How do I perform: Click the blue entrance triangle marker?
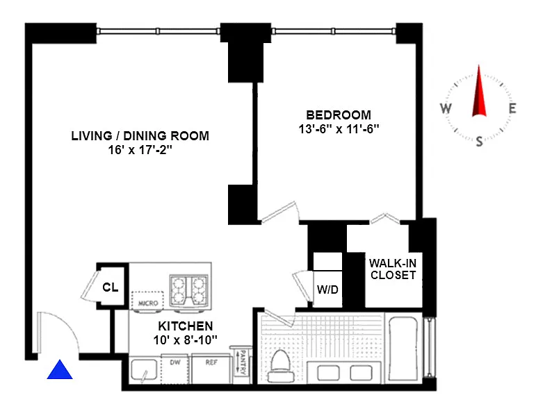coord(60,371)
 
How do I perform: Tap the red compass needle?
coord(479,91)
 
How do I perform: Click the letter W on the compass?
coord(446,108)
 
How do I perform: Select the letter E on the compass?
coord(512,108)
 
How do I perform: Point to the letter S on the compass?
coord(479,141)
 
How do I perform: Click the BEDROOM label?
coord(339,115)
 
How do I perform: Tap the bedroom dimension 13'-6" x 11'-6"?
coord(339,129)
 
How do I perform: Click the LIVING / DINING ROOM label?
coord(140,136)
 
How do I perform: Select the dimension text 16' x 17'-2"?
coord(140,149)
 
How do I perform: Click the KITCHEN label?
coord(186,326)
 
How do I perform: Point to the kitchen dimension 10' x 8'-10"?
coord(186,340)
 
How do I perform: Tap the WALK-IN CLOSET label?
coord(393,269)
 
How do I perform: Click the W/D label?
coord(327,290)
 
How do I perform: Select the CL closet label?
coord(111,287)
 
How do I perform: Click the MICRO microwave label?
coord(148,303)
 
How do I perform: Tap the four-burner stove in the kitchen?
coord(189,290)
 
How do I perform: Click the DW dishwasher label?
coord(175,362)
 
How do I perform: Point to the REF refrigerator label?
coord(211,362)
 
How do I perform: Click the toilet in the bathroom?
coord(281,366)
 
